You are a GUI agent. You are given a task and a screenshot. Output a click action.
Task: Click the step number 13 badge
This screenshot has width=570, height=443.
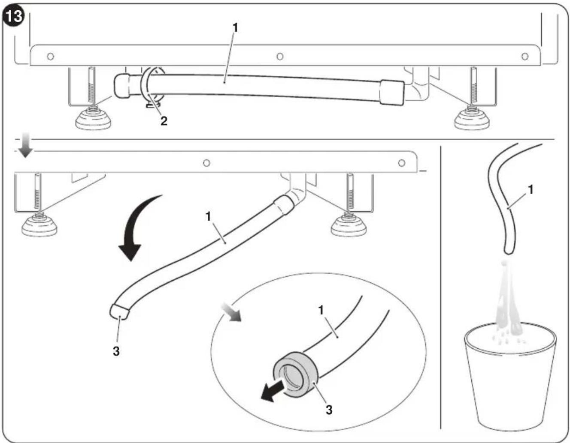coord(13,16)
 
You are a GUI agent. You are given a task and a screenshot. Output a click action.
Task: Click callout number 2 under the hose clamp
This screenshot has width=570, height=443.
coord(164,121)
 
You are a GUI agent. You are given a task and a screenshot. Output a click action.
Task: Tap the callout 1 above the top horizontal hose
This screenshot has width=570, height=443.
coord(235,27)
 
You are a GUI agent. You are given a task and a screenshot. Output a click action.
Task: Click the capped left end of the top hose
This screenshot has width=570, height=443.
coord(122,86)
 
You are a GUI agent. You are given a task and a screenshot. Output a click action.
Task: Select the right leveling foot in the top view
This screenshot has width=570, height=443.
coord(472,119)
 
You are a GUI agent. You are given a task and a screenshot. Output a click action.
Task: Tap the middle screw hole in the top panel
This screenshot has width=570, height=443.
coord(280,56)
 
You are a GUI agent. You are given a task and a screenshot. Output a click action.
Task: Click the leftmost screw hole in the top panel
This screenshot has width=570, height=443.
coord(50,56)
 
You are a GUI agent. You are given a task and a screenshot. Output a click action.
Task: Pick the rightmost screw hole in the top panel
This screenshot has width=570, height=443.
coord(525,56)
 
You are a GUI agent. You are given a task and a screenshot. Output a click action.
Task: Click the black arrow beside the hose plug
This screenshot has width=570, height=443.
coord(273,390)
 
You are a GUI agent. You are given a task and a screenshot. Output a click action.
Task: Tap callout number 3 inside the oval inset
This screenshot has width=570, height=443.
coord(329,410)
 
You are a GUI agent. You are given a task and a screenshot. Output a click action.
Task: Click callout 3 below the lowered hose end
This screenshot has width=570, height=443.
coord(116,351)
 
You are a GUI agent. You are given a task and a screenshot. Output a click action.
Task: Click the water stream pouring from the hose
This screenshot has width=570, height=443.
coord(508,301)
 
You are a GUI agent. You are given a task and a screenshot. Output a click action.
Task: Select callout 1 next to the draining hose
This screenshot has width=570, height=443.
coord(531,189)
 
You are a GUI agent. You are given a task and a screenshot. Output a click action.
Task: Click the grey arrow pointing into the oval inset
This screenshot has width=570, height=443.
coord(231,312)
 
